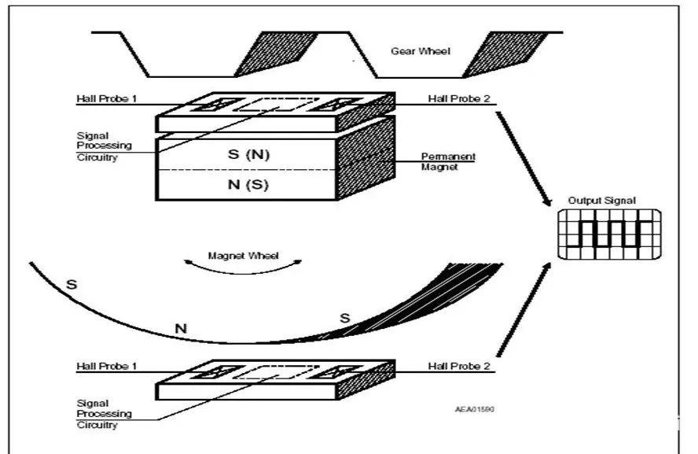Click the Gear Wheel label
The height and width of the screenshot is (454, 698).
[421, 51]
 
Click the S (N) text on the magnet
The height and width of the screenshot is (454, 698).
[248, 155]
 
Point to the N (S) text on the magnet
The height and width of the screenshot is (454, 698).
[248, 186]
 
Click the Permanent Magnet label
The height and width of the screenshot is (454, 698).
[449, 161]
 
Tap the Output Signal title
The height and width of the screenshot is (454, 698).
[602, 201]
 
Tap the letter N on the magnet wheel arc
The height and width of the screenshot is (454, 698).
[181, 328]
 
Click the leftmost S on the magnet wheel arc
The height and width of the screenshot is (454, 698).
[72, 283]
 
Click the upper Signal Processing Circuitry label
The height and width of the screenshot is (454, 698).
[104, 146]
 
